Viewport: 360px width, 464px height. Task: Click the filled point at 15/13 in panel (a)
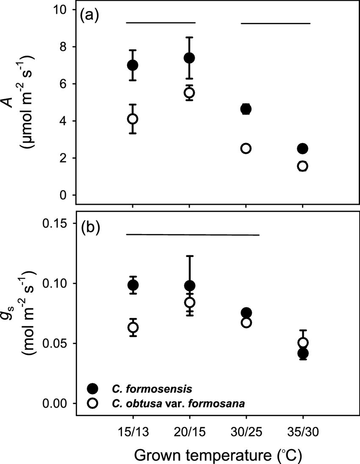[133, 65]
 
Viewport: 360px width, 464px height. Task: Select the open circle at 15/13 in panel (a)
[133, 119]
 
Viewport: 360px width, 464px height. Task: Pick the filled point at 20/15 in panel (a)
[189, 58]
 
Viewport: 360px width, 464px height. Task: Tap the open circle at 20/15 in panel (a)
[189, 92]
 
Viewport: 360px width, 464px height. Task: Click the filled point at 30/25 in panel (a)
[246, 109]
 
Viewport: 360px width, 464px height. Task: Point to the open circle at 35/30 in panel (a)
[302, 166]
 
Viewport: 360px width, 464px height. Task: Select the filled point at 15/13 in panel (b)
[133, 285]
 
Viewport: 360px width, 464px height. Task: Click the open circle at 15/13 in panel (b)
[133, 327]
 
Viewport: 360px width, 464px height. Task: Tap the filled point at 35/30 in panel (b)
[302, 353]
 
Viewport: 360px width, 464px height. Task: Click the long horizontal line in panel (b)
[193, 234]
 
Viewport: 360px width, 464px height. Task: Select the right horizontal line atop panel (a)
[276, 23]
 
